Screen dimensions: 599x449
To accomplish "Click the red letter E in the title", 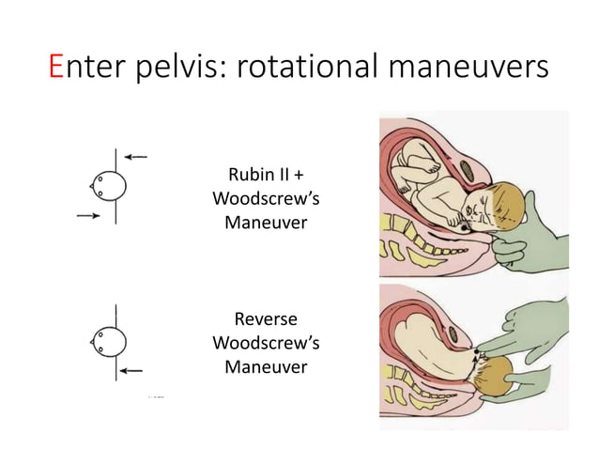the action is [x=57, y=68].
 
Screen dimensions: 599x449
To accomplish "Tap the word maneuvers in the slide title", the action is [x=477, y=68].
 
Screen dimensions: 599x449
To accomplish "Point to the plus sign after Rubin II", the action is [x=299, y=177].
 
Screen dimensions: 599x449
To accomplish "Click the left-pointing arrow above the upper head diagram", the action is [x=136, y=157].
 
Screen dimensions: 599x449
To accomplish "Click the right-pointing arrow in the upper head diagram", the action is [x=90, y=215].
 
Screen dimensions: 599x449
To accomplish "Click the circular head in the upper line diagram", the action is [x=109, y=187].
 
